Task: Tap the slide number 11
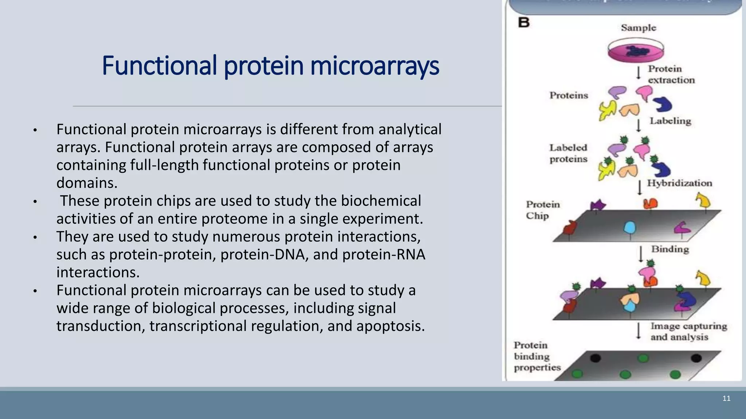(726, 399)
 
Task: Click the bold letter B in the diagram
(524, 23)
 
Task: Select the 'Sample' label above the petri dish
(638, 28)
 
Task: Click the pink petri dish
(636, 51)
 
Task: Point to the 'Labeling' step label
(670, 121)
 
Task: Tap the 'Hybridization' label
(679, 183)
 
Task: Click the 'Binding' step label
(670, 250)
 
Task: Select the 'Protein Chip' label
(542, 210)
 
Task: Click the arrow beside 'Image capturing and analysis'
(638, 331)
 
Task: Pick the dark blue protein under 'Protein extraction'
(662, 105)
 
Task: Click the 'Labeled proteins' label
(568, 153)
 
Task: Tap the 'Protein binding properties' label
(537, 356)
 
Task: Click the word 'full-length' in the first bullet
(164, 165)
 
